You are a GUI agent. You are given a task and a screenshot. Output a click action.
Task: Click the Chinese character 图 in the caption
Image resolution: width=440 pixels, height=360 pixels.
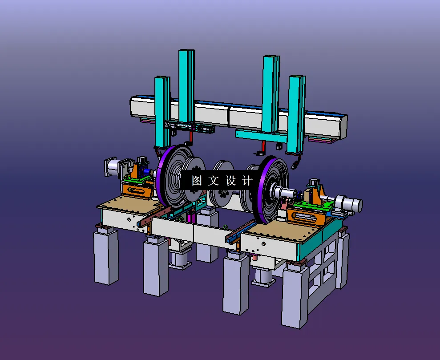click(x=197, y=180)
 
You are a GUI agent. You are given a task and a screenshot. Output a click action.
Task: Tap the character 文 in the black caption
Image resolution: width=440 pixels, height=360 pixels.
click(x=214, y=180)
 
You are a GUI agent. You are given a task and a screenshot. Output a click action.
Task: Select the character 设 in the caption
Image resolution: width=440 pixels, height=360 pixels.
click(x=230, y=180)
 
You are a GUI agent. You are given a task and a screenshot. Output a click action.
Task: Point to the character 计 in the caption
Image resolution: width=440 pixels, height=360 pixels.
click(x=247, y=180)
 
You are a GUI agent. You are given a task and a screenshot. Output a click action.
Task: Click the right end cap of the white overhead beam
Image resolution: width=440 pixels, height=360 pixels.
click(x=343, y=126)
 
